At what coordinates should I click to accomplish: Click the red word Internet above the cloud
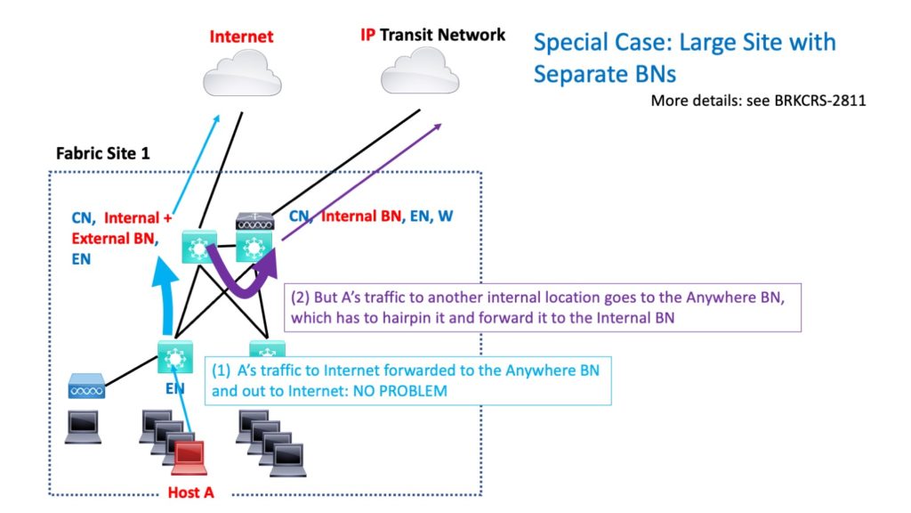tap(241, 37)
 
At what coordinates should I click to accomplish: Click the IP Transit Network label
tap(432, 36)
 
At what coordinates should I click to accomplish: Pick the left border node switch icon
tap(197, 247)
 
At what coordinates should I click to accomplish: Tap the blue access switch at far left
tap(87, 387)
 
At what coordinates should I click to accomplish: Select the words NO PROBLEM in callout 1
tap(396, 391)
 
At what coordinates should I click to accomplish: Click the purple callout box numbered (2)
tap(543, 308)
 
